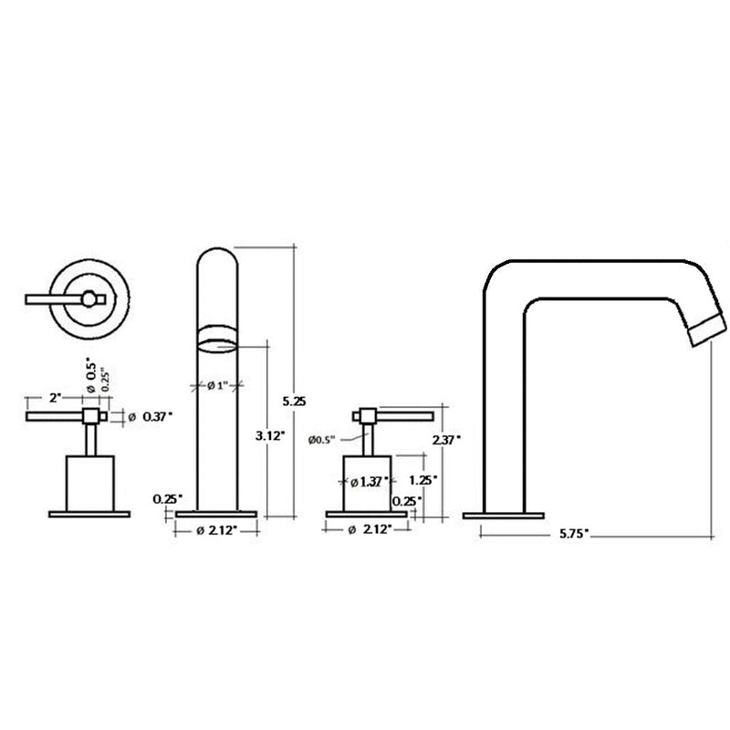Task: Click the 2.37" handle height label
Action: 447,439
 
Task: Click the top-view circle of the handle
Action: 89,297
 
